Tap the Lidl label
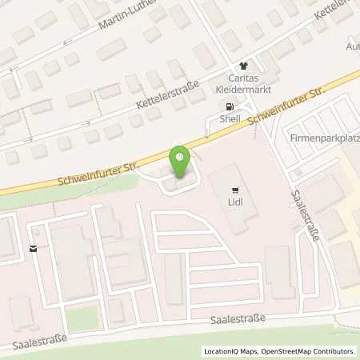[x=235, y=204]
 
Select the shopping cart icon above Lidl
[x=234, y=190]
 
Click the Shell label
[x=231, y=121]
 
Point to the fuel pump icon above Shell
[x=230, y=107]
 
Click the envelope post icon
[x=33, y=249]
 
